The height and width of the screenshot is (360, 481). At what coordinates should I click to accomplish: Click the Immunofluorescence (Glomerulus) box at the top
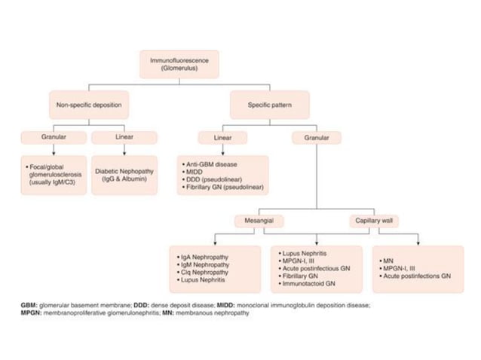coord(179,64)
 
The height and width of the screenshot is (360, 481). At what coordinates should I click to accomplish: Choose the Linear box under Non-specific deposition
coord(124,138)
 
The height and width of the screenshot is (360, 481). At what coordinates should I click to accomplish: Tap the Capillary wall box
coord(373,221)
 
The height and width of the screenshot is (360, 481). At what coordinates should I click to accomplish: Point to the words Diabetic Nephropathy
coord(124,171)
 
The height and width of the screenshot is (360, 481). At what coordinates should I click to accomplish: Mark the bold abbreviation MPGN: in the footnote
coord(33,313)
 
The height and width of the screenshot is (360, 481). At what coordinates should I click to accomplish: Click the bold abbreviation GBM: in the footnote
coord(31,305)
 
